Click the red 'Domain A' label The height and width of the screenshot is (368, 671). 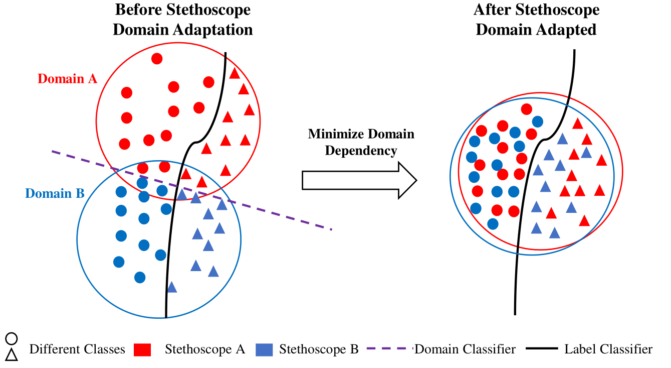tap(67, 79)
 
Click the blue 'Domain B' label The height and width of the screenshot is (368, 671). tap(55, 194)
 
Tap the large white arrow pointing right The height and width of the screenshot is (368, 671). tap(359, 180)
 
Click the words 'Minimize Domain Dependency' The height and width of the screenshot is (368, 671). tap(361, 142)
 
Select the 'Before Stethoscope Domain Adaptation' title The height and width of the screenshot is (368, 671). tap(183, 20)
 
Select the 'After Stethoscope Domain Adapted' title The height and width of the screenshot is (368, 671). tap(536, 20)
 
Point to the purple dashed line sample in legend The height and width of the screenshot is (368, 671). tap(390, 349)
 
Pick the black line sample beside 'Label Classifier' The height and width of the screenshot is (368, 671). tap(542, 349)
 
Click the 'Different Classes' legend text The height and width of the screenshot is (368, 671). tap(77, 349)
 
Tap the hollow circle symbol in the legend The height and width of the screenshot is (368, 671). tap(12, 338)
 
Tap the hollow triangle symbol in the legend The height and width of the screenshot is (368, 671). tap(12, 355)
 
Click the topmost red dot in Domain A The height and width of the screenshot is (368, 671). tap(157, 59)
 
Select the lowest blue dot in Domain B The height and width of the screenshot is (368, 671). tap(140, 277)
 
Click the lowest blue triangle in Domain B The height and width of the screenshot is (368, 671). tap(172, 288)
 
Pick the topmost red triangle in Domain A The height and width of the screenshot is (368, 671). tap(235, 73)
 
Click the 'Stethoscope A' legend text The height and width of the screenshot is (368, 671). tap(205, 349)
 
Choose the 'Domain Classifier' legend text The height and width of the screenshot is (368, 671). tap(465, 349)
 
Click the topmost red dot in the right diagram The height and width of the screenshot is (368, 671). tap(527, 109)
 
